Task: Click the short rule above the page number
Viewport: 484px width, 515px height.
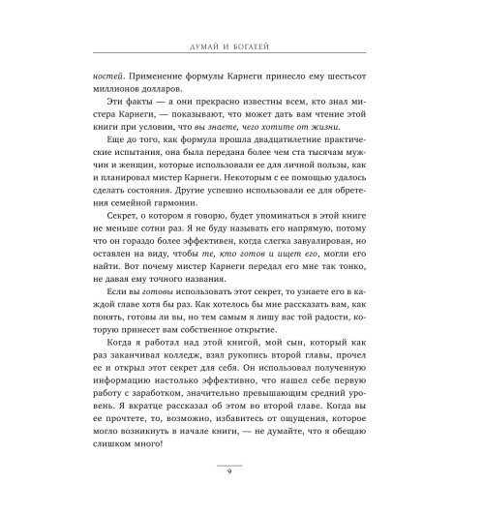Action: tap(242, 457)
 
